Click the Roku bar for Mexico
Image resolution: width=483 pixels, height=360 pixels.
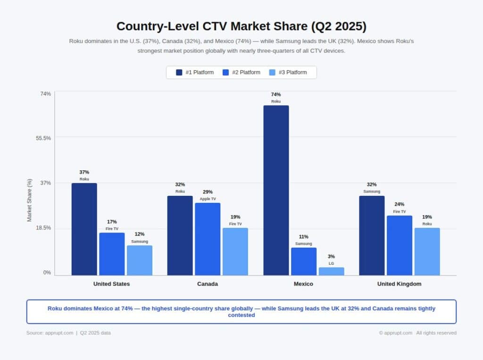click(276, 190)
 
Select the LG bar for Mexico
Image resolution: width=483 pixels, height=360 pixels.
click(331, 271)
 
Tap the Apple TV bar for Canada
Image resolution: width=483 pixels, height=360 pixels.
click(208, 239)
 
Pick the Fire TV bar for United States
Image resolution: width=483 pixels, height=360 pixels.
click(112, 254)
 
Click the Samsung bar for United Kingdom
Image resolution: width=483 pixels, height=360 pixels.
click(372, 235)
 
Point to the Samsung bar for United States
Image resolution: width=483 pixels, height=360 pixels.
click(140, 260)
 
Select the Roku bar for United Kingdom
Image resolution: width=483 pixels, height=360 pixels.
click(427, 251)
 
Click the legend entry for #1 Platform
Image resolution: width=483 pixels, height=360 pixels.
click(195, 72)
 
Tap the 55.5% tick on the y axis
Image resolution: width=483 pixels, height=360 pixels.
click(43, 138)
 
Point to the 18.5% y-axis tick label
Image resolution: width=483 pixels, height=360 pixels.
click(43, 228)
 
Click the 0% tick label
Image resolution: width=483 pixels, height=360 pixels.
click(47, 273)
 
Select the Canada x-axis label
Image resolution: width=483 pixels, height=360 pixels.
click(208, 284)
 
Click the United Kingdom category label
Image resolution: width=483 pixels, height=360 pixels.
click(399, 284)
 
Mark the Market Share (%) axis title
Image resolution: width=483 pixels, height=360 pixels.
click(29, 200)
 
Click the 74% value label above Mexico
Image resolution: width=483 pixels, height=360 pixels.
click(276, 94)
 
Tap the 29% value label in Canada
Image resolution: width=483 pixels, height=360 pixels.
click(208, 192)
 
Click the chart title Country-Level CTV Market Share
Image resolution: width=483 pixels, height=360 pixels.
click(241, 26)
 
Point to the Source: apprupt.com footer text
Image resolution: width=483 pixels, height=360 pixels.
click(50, 333)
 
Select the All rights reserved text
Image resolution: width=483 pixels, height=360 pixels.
click(436, 333)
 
